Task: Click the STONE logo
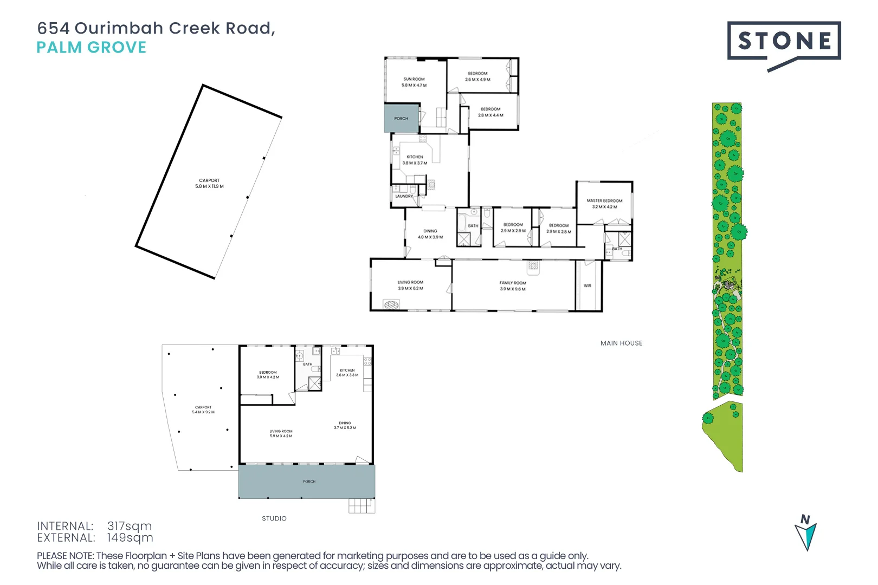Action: click(x=784, y=41)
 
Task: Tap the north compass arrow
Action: click(x=806, y=533)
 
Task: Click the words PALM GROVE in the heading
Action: click(x=91, y=48)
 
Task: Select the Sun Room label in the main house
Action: click(x=414, y=82)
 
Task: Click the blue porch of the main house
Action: click(x=401, y=119)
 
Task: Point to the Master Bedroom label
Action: click(x=604, y=204)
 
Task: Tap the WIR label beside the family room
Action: click(x=588, y=285)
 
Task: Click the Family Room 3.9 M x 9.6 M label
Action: click(x=513, y=286)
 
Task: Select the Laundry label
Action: click(x=404, y=196)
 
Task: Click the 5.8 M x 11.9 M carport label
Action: click(x=209, y=184)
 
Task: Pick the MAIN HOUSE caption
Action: click(x=621, y=343)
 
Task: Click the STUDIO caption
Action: click(x=274, y=518)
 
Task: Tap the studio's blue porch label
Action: click(x=309, y=482)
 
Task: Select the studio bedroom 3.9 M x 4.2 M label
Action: click(x=268, y=375)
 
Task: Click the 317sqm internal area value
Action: click(x=130, y=526)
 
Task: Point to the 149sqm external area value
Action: click(x=130, y=538)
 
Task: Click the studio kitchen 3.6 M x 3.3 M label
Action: click(x=347, y=373)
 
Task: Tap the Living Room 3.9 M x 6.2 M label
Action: click(x=410, y=285)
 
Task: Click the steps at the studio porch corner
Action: click(x=361, y=506)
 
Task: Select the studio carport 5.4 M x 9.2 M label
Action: click(x=203, y=409)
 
